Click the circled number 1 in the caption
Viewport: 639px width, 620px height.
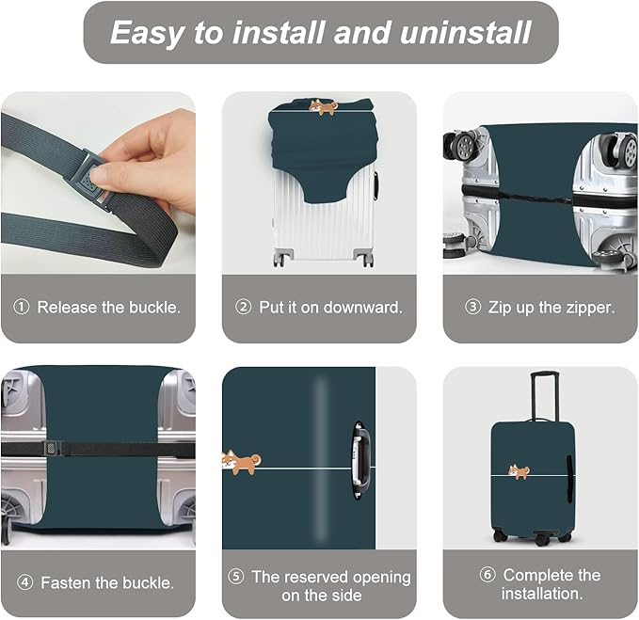[x=22, y=308]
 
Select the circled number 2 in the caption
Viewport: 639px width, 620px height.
[x=243, y=308]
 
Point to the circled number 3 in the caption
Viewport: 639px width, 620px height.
[x=472, y=308]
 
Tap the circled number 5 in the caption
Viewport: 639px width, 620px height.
[x=236, y=577]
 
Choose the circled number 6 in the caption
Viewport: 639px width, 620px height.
[x=487, y=575]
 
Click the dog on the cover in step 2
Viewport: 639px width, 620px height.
[x=324, y=107]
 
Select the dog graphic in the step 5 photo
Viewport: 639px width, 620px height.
[x=241, y=461]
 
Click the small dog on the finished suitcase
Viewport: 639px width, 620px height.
[x=519, y=471]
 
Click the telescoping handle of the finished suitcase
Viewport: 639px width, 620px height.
[x=543, y=395]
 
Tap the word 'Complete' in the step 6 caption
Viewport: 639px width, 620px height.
[x=538, y=575]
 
